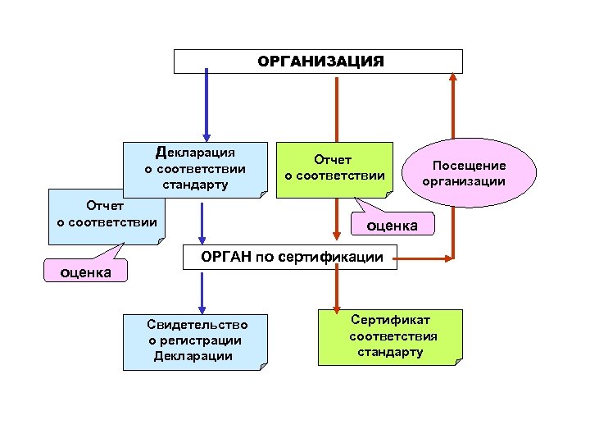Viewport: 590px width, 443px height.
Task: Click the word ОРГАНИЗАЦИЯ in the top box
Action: tap(320, 62)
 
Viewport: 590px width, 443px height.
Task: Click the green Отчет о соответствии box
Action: tap(334, 167)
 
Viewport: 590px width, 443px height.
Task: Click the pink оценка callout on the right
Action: tap(391, 224)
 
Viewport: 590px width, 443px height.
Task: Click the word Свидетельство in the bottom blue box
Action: tap(197, 325)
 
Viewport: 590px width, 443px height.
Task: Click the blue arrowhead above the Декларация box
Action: tap(206, 135)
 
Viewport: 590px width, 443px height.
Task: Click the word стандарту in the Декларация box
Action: tap(195, 185)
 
